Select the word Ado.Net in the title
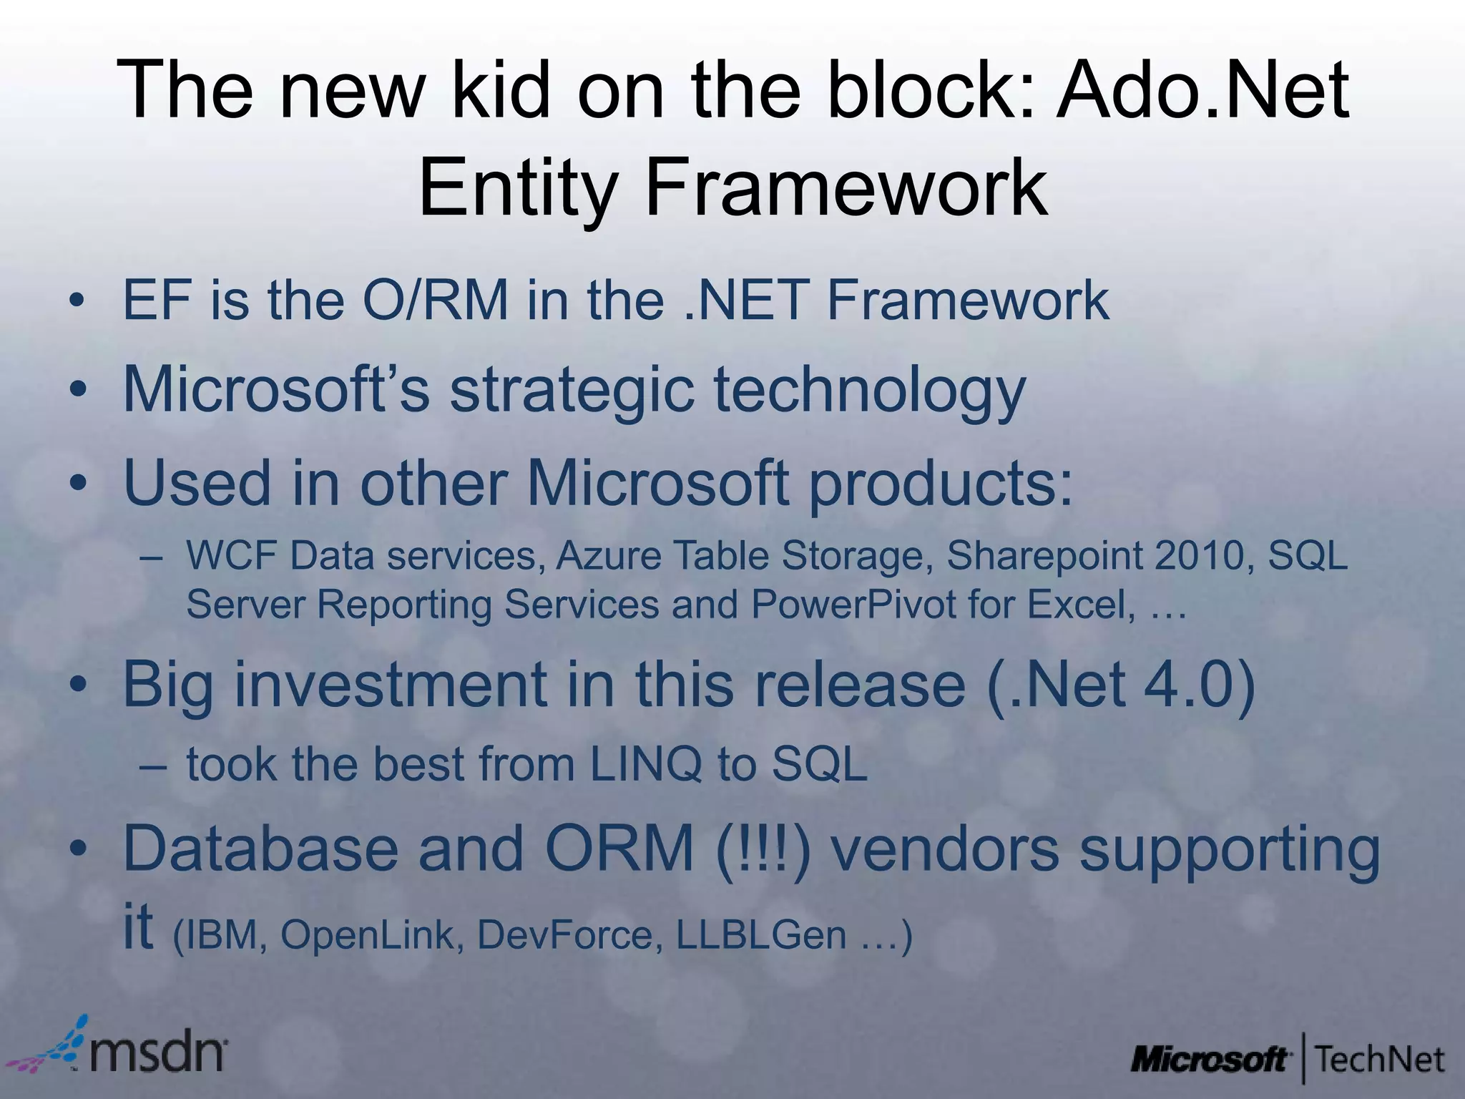click(1202, 91)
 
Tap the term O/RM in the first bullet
click(435, 301)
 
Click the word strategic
click(572, 391)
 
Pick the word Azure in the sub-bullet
click(608, 556)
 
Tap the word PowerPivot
click(853, 605)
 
